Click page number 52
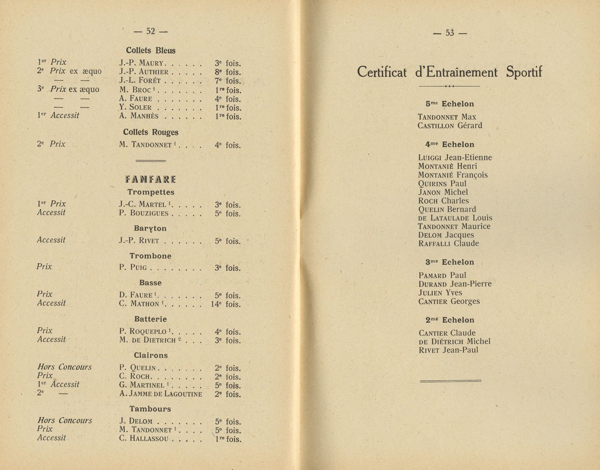(x=150, y=31)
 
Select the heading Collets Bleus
(x=150, y=50)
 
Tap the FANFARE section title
(x=150, y=179)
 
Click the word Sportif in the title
(x=524, y=72)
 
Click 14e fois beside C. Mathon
(x=228, y=304)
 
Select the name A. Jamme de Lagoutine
(x=160, y=394)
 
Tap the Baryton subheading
(x=150, y=228)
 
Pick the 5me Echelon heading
(x=450, y=104)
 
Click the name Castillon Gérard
(x=450, y=126)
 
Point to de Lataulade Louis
(x=455, y=218)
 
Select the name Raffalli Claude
(x=448, y=244)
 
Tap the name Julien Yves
(x=440, y=293)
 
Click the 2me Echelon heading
(x=450, y=320)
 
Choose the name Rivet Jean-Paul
(x=448, y=350)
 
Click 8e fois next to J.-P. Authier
(x=228, y=72)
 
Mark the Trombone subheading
(x=150, y=256)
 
